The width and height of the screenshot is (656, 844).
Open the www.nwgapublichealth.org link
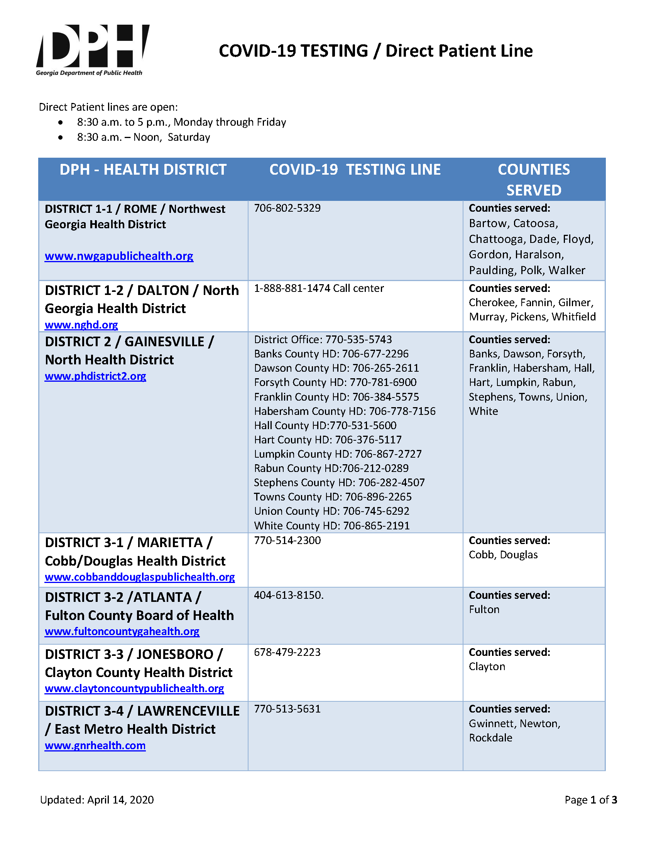119,256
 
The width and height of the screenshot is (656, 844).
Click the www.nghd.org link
81,325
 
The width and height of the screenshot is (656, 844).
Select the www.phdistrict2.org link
95,376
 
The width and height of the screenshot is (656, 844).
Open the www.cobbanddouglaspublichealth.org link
140,576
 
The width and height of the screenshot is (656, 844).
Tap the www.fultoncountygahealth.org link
122,631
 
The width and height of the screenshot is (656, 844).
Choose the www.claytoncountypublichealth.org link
134,688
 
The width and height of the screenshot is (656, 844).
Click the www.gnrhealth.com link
95,745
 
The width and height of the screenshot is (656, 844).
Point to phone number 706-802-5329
287,208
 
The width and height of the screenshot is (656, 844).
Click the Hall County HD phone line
325,425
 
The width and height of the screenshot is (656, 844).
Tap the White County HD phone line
331,525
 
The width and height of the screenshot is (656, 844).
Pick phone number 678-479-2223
287,652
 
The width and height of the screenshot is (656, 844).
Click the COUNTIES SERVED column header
533,179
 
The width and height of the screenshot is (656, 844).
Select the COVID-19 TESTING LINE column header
355,170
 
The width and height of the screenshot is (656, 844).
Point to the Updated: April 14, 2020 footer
97,800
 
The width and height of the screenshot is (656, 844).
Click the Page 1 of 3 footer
590,800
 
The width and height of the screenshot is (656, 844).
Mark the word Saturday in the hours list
189,137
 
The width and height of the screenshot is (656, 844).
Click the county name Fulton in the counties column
484,610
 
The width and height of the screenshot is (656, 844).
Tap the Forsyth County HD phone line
335,382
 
